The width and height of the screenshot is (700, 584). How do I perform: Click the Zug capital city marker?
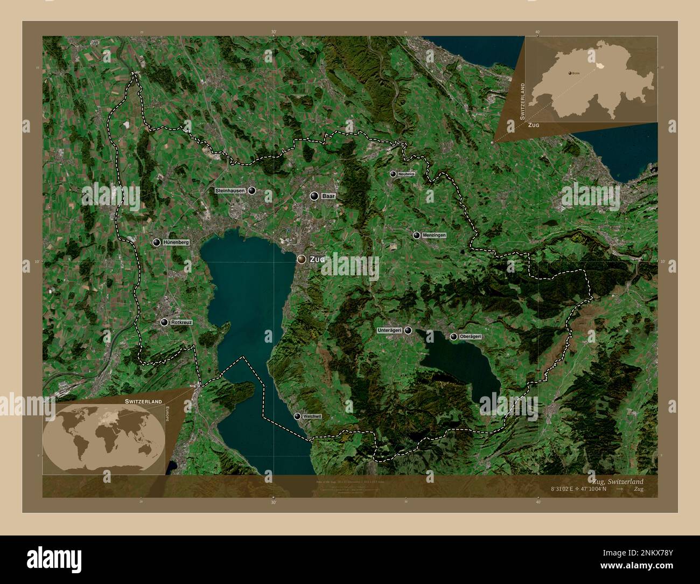[302, 259]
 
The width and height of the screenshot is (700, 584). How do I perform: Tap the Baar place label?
[328, 197]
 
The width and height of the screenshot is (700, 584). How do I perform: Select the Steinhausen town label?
[230, 191]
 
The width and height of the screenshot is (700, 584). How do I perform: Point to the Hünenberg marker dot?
[157, 243]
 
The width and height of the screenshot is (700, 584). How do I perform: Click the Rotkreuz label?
[181, 322]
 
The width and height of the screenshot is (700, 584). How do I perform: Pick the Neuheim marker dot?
[393, 174]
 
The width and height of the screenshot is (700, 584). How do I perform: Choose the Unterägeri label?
[390, 330]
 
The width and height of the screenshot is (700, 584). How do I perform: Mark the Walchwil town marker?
[297, 416]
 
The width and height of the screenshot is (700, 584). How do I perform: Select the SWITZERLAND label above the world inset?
[143, 402]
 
